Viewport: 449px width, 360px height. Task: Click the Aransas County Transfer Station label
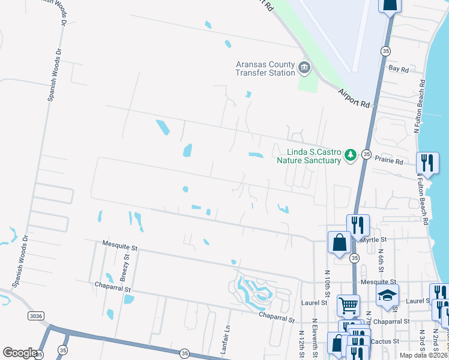265,68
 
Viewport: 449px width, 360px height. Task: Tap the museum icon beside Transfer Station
304,68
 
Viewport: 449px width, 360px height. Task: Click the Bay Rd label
399,70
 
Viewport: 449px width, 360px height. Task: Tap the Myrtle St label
375,239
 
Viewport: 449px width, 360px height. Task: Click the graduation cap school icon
387,294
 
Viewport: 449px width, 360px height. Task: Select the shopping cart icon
348,305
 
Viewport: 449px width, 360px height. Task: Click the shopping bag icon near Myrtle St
339,242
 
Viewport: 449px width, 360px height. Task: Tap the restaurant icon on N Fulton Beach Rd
427,162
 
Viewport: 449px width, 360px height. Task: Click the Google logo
20,353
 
